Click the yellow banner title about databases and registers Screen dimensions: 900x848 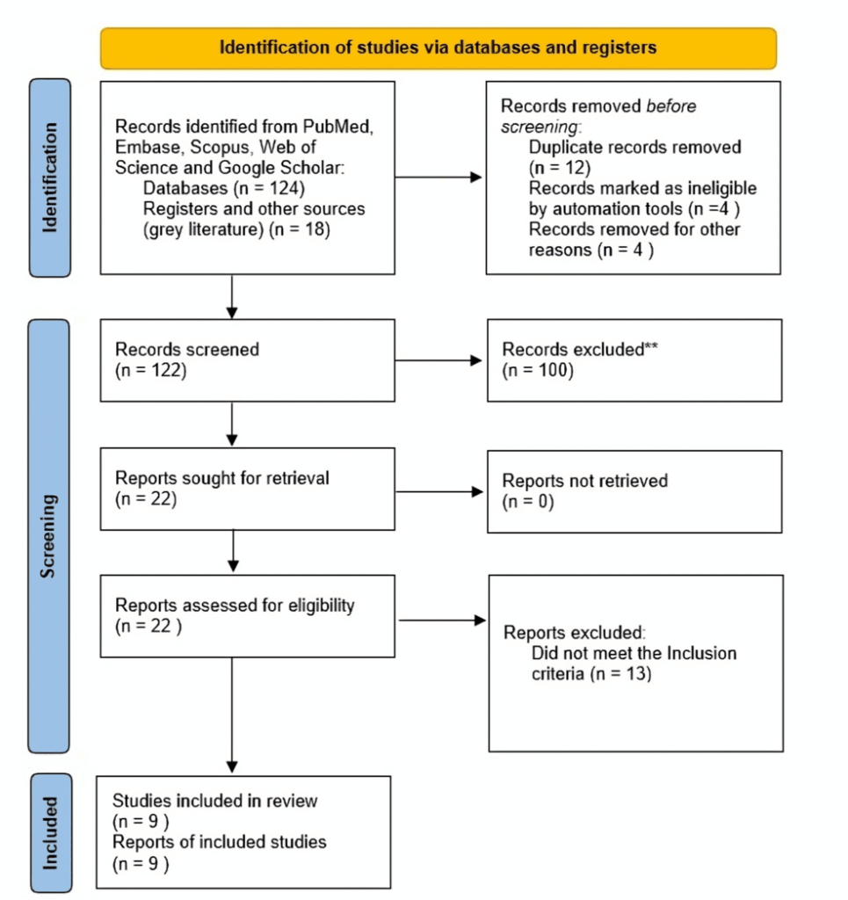click(x=438, y=47)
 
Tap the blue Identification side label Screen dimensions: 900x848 click(x=50, y=177)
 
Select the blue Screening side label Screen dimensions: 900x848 click(x=50, y=535)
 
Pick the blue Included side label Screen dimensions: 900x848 click(x=50, y=832)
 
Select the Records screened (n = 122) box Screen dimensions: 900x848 click(x=247, y=359)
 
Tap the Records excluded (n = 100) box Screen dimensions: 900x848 click(x=634, y=360)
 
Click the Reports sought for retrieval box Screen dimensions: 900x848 click(x=247, y=489)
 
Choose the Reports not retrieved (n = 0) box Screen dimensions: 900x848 click(x=634, y=491)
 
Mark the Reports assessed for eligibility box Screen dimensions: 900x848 click(x=247, y=616)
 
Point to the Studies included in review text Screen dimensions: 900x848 click(x=215, y=801)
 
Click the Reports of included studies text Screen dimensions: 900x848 click(x=219, y=842)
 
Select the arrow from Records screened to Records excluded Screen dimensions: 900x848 click(x=439, y=360)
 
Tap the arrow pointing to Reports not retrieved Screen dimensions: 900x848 click(x=439, y=491)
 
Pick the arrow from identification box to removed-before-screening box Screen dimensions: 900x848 click(x=439, y=178)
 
